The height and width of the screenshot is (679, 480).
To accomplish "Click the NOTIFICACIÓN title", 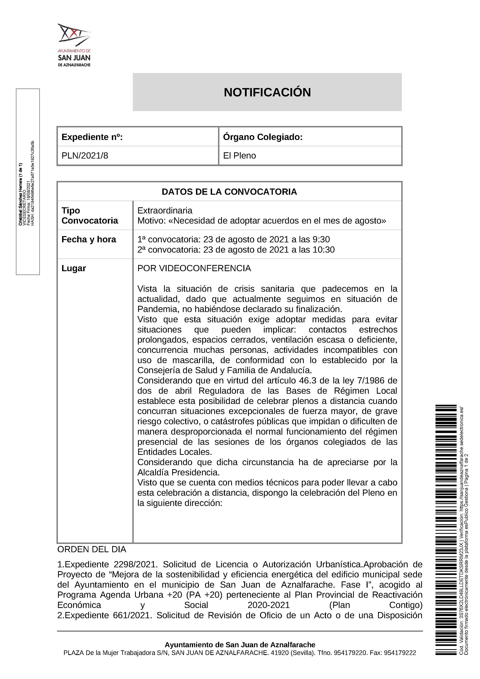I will (x=267, y=92).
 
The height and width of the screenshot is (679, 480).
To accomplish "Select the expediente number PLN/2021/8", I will (x=85, y=156).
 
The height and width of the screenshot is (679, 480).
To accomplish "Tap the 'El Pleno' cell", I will (x=239, y=156).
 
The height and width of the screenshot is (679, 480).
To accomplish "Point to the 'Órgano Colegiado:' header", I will (x=263, y=137).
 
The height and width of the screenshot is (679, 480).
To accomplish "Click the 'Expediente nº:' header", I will (x=92, y=137).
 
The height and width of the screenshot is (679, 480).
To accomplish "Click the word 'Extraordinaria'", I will (x=165, y=211).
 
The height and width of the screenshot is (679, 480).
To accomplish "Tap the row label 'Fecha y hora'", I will (x=89, y=239).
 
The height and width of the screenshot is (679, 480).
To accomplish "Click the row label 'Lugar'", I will (x=74, y=268).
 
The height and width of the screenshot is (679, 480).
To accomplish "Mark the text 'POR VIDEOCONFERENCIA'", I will (x=194, y=268).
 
